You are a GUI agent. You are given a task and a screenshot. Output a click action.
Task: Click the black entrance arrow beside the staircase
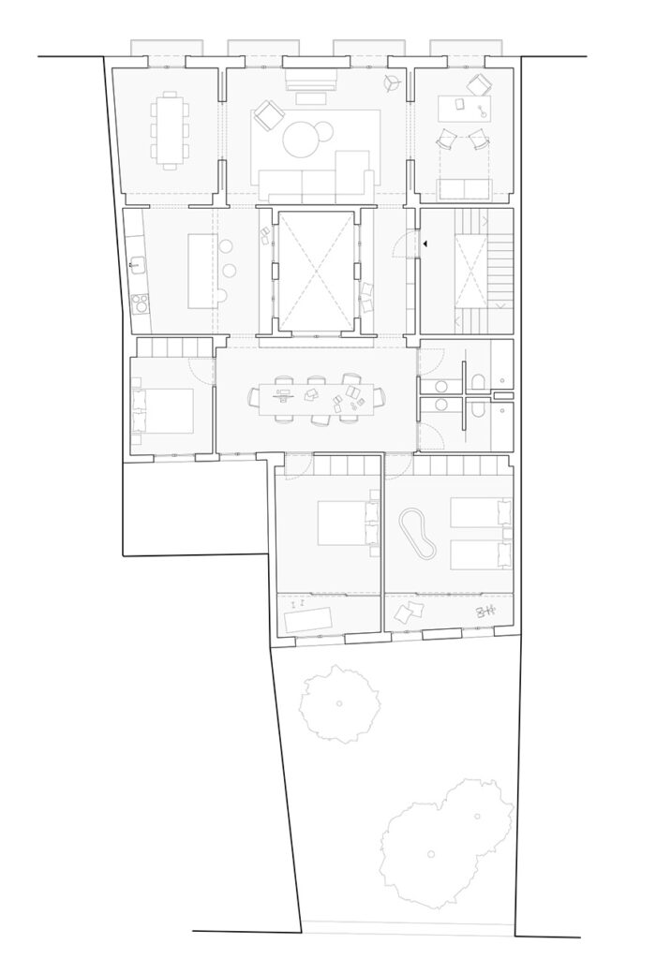(425, 243)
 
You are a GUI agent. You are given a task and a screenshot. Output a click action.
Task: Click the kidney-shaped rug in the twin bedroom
(418, 535)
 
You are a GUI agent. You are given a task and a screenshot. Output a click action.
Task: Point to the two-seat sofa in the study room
(465, 188)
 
